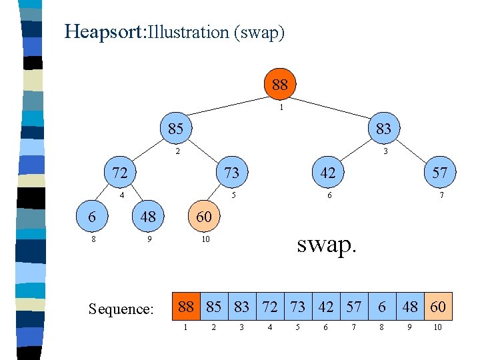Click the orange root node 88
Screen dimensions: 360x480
(x=280, y=85)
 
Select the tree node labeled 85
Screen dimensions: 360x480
(x=175, y=128)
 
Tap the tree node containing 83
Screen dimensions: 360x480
(x=383, y=128)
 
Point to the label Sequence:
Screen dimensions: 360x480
(x=121, y=309)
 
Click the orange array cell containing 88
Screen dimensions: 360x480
(x=187, y=307)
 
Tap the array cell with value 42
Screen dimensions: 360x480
(x=326, y=307)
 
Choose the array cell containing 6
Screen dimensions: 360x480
(x=383, y=307)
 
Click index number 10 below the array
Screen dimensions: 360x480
(x=437, y=328)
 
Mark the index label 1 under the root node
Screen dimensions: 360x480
(x=282, y=107)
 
